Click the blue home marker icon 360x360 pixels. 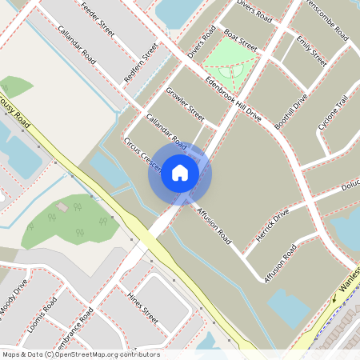[x=180, y=173]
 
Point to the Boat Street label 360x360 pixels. [x=240, y=39]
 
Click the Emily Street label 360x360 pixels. [x=311, y=51]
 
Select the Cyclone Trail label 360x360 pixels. [x=333, y=113]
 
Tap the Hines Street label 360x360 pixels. [x=143, y=308]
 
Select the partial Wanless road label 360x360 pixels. [x=349, y=281]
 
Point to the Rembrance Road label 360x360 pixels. [x=75, y=328]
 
